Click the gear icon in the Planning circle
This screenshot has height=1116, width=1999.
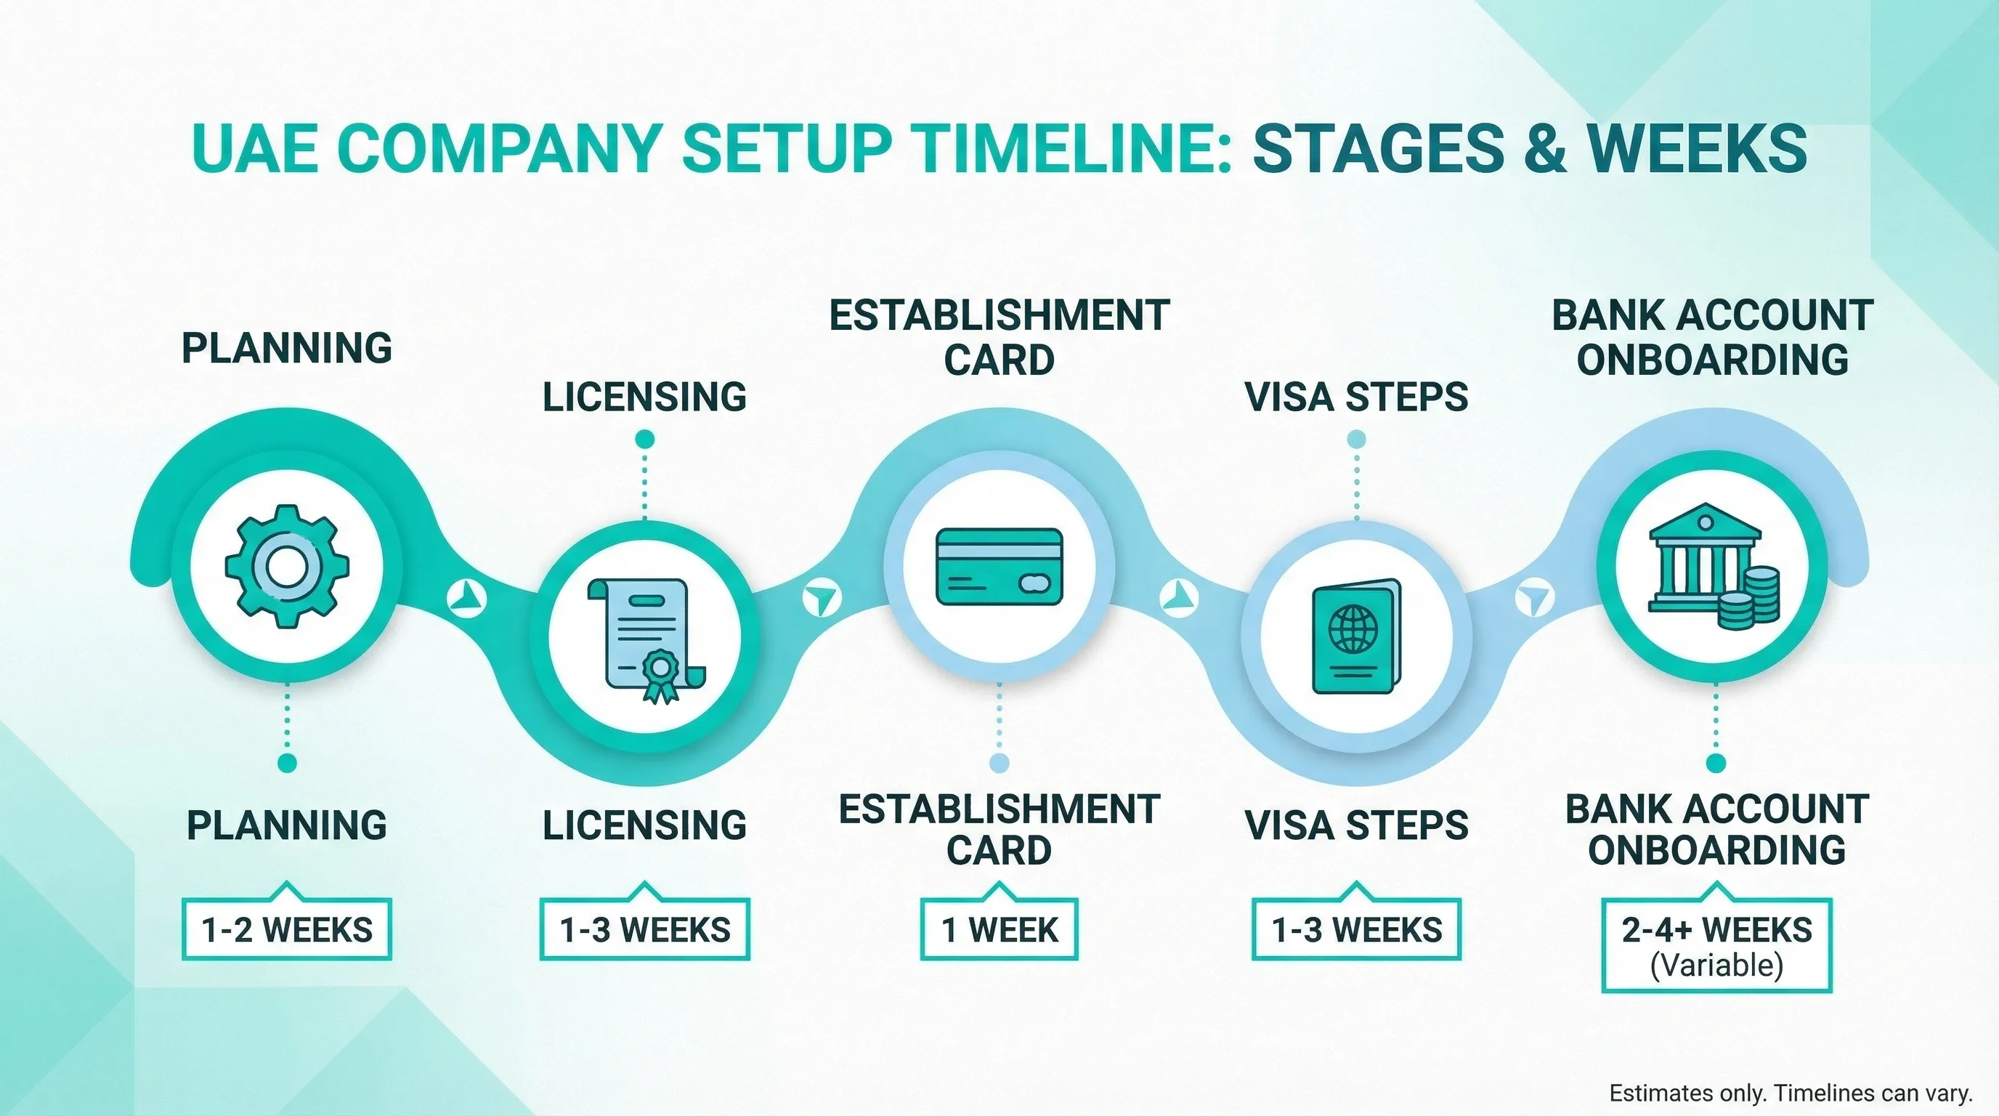point(286,566)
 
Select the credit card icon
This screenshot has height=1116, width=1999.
point(999,567)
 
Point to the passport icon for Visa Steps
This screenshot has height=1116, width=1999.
point(1356,638)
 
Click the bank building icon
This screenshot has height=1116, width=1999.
point(1705,559)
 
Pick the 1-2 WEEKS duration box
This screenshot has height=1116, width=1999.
point(286,929)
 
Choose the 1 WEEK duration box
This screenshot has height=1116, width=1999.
point(999,929)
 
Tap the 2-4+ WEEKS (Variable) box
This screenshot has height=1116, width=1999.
point(1716,945)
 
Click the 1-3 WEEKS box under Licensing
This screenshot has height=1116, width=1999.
point(645,929)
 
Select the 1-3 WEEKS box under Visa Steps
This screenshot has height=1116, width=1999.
point(1356,929)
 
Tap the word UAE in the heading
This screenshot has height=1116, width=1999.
point(254,148)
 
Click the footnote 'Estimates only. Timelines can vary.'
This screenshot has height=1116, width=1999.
point(1791,1093)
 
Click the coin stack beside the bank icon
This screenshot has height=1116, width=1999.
point(1751,597)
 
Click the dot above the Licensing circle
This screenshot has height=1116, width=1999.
point(645,440)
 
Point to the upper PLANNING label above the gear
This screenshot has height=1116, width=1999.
point(286,348)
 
